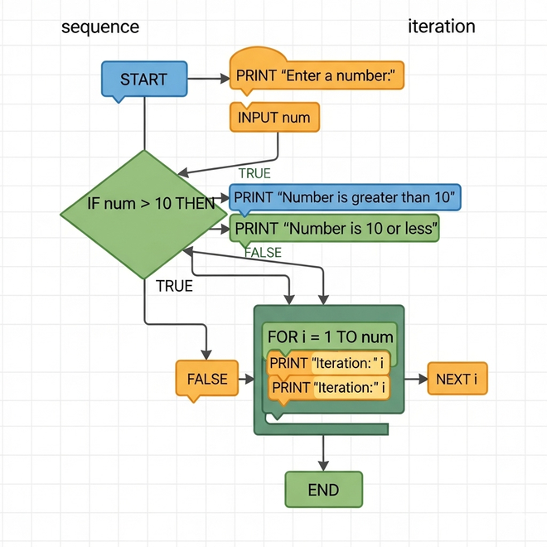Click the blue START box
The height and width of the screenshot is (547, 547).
[144, 80]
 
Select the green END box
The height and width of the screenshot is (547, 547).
[323, 489]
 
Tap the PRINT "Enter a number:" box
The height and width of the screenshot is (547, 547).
[317, 75]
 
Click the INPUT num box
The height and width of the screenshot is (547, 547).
[274, 118]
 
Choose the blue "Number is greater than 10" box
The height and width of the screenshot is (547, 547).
[345, 198]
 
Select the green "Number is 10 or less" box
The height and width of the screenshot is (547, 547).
[335, 227]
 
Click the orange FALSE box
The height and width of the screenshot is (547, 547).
[206, 380]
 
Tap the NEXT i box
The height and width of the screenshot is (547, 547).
[457, 380]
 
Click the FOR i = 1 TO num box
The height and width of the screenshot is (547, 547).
[330, 337]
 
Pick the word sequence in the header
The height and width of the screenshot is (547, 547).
[100, 27]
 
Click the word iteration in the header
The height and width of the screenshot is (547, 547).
[442, 27]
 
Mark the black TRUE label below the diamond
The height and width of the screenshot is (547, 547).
[174, 286]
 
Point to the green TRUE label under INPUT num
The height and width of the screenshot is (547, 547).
[254, 173]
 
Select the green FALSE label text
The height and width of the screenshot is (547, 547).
[264, 252]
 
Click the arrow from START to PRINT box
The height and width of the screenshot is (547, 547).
[209, 79]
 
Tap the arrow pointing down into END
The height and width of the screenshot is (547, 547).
[323, 453]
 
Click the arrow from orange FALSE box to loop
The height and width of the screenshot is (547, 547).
[245, 380]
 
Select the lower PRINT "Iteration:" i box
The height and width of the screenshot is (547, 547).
[330, 387]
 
